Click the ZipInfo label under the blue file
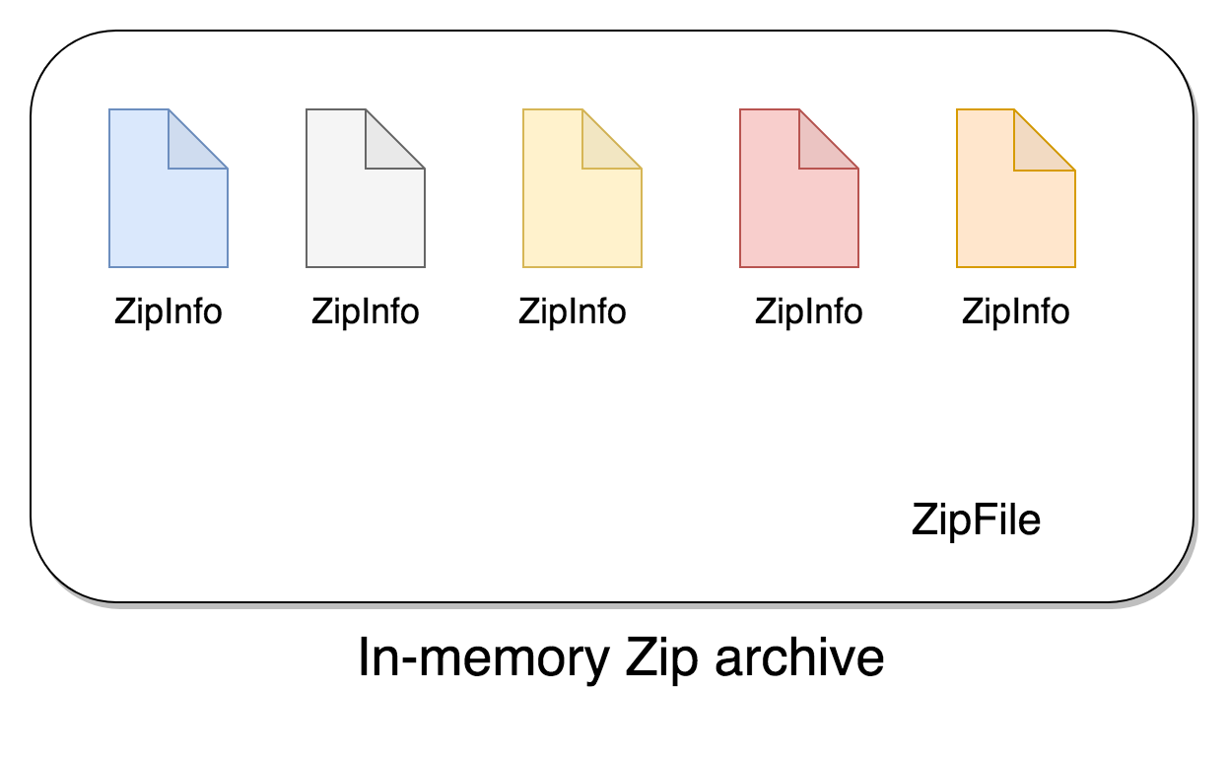[x=168, y=311]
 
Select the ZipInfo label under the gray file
[x=365, y=311]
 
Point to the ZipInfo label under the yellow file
[x=572, y=311]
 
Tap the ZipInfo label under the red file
[x=808, y=311]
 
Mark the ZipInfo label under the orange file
[x=1015, y=311]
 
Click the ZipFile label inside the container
[x=976, y=519]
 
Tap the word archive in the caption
[x=799, y=657]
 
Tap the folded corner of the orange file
[x=1037, y=148]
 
